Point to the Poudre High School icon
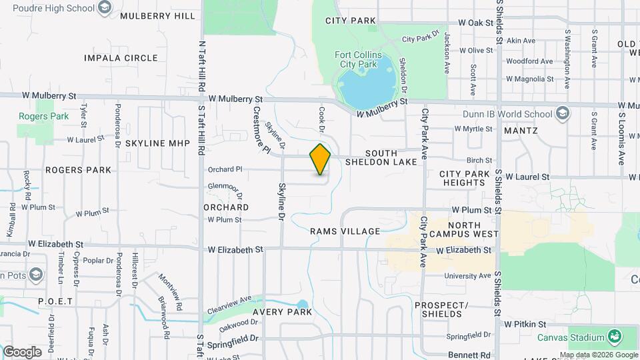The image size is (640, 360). [x=105, y=7]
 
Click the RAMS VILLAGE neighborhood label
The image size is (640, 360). [x=345, y=231]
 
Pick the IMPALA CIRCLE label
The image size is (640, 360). [x=121, y=58]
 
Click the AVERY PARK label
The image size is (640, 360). [x=283, y=312]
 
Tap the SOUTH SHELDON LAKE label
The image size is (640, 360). [x=381, y=157]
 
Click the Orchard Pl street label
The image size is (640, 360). [x=225, y=169]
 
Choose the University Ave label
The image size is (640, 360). [x=467, y=276]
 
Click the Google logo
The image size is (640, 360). [x=21, y=352]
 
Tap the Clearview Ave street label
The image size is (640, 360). [x=229, y=305]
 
